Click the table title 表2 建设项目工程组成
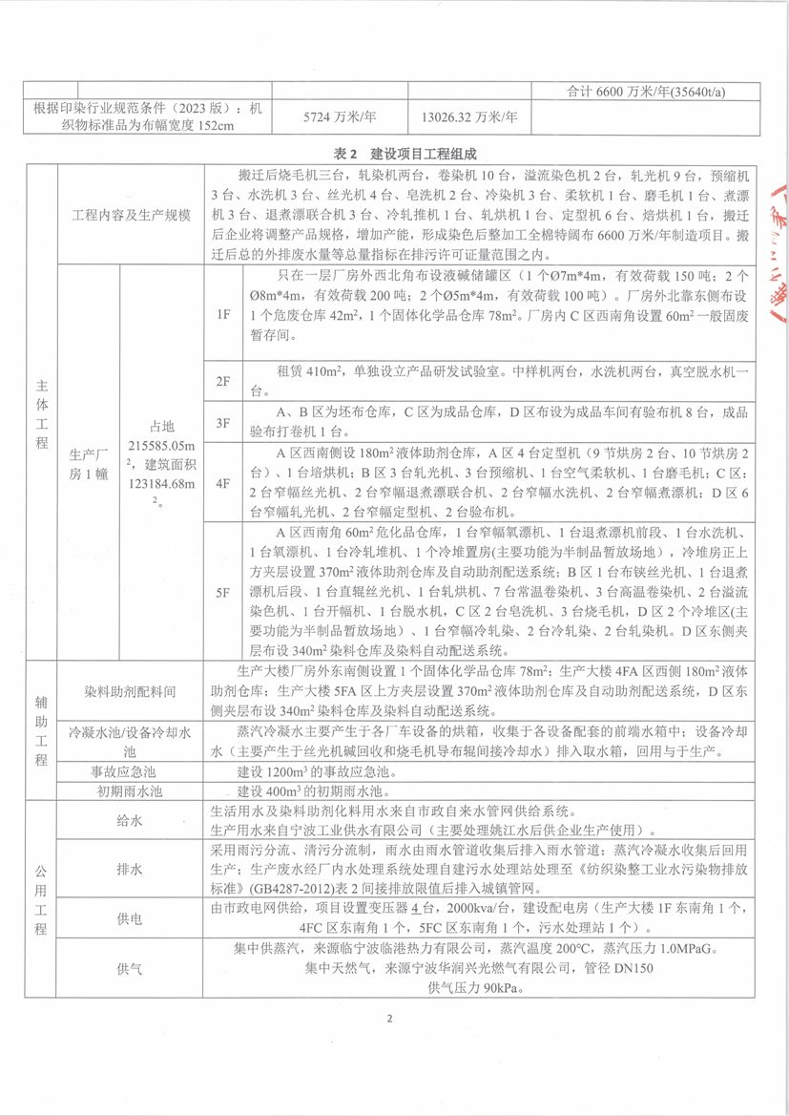pos(394,154)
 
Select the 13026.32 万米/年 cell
pos(468,117)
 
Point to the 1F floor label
pos(223,312)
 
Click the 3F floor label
pos(223,422)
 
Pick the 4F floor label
pos(223,483)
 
